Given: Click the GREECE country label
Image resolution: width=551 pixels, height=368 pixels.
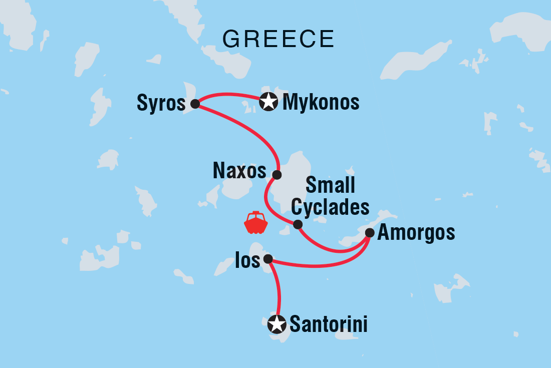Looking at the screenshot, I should tap(279, 39).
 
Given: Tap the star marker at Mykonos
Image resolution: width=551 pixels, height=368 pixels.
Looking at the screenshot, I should tap(269, 102).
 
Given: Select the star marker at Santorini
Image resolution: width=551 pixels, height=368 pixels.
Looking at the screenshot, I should tap(277, 324).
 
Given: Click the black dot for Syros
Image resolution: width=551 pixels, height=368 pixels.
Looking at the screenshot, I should tap(195, 104).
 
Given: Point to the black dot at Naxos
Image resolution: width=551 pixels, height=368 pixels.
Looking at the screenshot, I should tap(277, 175).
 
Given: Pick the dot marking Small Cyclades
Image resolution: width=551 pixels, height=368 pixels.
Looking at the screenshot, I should tap(298, 224).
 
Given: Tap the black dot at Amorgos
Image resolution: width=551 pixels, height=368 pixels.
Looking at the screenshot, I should tap(370, 232).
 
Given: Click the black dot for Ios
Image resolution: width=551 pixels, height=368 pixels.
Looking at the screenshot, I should tap(268, 259).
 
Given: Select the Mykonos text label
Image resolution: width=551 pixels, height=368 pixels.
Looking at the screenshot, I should tap(321, 102).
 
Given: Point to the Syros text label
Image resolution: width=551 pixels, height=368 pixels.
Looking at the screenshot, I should tap(161, 104).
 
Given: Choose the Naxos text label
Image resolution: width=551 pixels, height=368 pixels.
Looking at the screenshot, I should tap(239, 171).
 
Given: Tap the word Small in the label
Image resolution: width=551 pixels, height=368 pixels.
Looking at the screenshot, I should tap(330, 186).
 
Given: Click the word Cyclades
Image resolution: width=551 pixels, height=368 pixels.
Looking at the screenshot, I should tap(331, 206).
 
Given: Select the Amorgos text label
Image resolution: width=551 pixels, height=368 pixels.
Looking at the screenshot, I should tap(416, 232).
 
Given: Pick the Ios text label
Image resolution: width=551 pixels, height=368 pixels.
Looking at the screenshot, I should tap(247, 260).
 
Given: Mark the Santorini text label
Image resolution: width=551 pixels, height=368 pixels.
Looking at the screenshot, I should tap(329, 325).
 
